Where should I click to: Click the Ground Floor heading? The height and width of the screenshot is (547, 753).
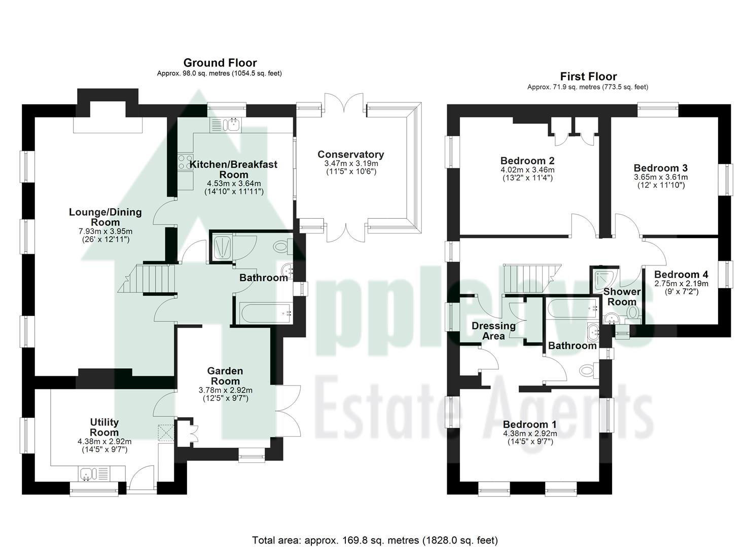[220, 63]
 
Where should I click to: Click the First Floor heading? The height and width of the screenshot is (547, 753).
[588, 76]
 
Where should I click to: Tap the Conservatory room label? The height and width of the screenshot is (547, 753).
[350, 154]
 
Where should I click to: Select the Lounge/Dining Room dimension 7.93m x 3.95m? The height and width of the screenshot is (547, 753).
[105, 231]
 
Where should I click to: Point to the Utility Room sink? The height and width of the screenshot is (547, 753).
[87, 475]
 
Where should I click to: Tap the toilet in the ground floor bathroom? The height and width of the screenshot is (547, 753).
[280, 247]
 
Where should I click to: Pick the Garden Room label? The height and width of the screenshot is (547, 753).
[225, 376]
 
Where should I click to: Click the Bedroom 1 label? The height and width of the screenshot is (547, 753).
[529, 424]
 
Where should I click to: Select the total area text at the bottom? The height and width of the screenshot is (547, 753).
[375, 540]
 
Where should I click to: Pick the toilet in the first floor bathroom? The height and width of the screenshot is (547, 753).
[587, 371]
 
